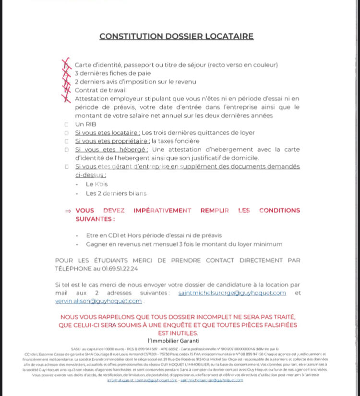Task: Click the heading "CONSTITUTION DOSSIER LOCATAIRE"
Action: coord(176,36)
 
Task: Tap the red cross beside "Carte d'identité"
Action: coord(66,64)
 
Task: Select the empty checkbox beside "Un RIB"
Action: coord(66,124)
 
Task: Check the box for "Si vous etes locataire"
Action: coord(66,133)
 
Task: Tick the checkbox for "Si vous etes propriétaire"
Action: coord(66,142)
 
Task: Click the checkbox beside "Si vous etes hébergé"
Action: coord(66,150)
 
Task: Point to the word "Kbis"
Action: coord(101,185)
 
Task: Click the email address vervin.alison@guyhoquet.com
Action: coord(98,301)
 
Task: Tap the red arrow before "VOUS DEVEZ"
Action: coord(68,210)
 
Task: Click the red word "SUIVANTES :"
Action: coord(95,219)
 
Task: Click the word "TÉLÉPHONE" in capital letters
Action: coord(74,269)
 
